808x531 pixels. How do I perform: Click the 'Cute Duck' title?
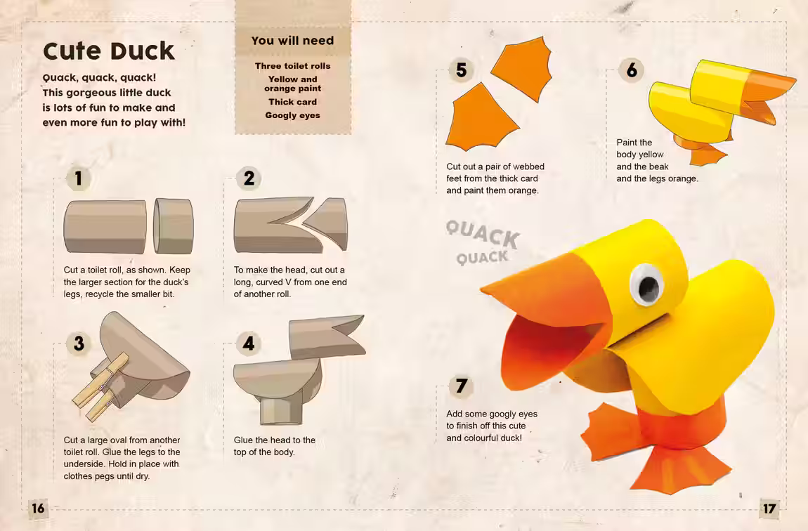click(x=109, y=51)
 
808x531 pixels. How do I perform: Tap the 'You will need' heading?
click(x=293, y=41)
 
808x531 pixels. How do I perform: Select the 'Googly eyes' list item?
click(x=293, y=115)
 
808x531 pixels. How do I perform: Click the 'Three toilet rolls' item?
click(x=293, y=66)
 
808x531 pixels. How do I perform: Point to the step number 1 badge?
click(x=78, y=178)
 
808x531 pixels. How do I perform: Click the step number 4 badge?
click(x=249, y=343)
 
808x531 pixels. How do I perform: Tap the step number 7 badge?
click(x=461, y=386)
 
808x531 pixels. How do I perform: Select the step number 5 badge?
click(x=461, y=70)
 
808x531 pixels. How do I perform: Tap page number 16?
click(x=38, y=509)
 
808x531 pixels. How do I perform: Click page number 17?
click(x=769, y=509)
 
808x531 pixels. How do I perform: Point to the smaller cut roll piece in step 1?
click(x=174, y=226)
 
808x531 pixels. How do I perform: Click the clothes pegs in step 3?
click(x=100, y=386)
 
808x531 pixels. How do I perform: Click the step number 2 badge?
click(x=249, y=178)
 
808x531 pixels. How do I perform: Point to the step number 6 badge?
click(x=632, y=70)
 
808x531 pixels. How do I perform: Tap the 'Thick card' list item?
click(x=293, y=102)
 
